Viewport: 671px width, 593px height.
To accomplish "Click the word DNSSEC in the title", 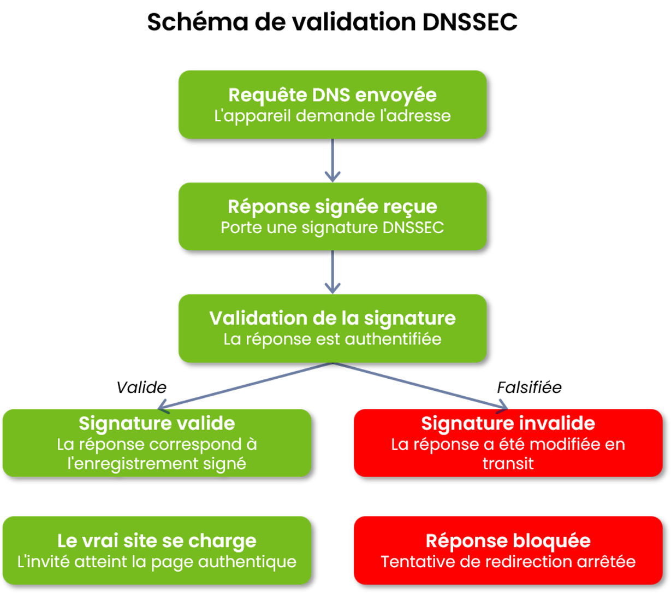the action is click(x=470, y=22).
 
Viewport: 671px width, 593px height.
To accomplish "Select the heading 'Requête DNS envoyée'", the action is click(x=332, y=95).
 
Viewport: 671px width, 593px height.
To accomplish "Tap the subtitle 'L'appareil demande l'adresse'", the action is click(x=332, y=116).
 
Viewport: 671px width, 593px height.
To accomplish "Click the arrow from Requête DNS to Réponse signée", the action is click(x=332, y=160).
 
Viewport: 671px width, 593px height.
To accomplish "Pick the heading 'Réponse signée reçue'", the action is click(x=332, y=207).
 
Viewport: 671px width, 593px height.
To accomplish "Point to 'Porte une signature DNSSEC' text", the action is click(x=332, y=227).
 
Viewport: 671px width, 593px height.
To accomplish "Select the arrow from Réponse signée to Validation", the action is click(x=332, y=272).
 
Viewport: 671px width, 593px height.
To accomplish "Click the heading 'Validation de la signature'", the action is click(x=332, y=319).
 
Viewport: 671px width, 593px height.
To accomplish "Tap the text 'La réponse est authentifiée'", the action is click(x=332, y=339).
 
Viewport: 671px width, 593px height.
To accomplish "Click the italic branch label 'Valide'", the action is click(x=141, y=387).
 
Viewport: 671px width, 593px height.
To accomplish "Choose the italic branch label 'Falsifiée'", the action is click(x=529, y=387).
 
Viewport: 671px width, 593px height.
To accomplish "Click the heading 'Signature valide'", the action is click(x=157, y=424).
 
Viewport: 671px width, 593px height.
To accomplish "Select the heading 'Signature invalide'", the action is click(x=508, y=424).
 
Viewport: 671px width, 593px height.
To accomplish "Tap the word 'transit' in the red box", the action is click(x=508, y=463).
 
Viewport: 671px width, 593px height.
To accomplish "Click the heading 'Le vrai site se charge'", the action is click(x=157, y=541).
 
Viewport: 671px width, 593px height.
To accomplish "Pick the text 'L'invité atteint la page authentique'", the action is click(x=157, y=562).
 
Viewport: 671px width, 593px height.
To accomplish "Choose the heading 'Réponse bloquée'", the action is click(x=508, y=541).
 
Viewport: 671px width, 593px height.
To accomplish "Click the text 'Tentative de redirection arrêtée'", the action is click(x=508, y=562).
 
